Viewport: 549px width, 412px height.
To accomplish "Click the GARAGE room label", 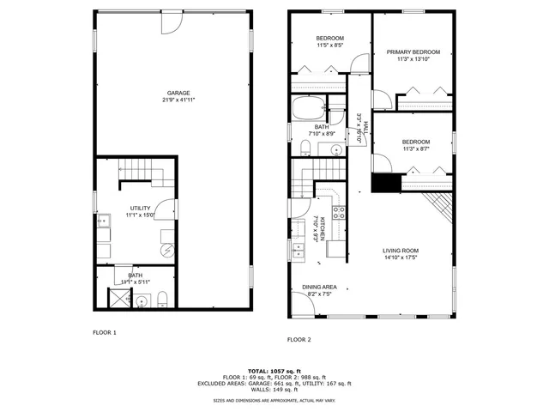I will [178, 93].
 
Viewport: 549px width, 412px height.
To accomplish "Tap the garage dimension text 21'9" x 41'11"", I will [178, 100].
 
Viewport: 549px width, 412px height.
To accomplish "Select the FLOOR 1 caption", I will [105, 331].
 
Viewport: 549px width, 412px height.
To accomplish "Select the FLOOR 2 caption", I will [300, 340].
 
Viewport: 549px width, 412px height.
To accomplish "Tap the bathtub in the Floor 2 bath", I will [308, 110].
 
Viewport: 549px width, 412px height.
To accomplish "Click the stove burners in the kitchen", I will [337, 210].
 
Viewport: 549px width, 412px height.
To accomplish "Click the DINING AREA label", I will [319, 287].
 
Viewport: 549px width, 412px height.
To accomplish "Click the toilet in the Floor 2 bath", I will [305, 148].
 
